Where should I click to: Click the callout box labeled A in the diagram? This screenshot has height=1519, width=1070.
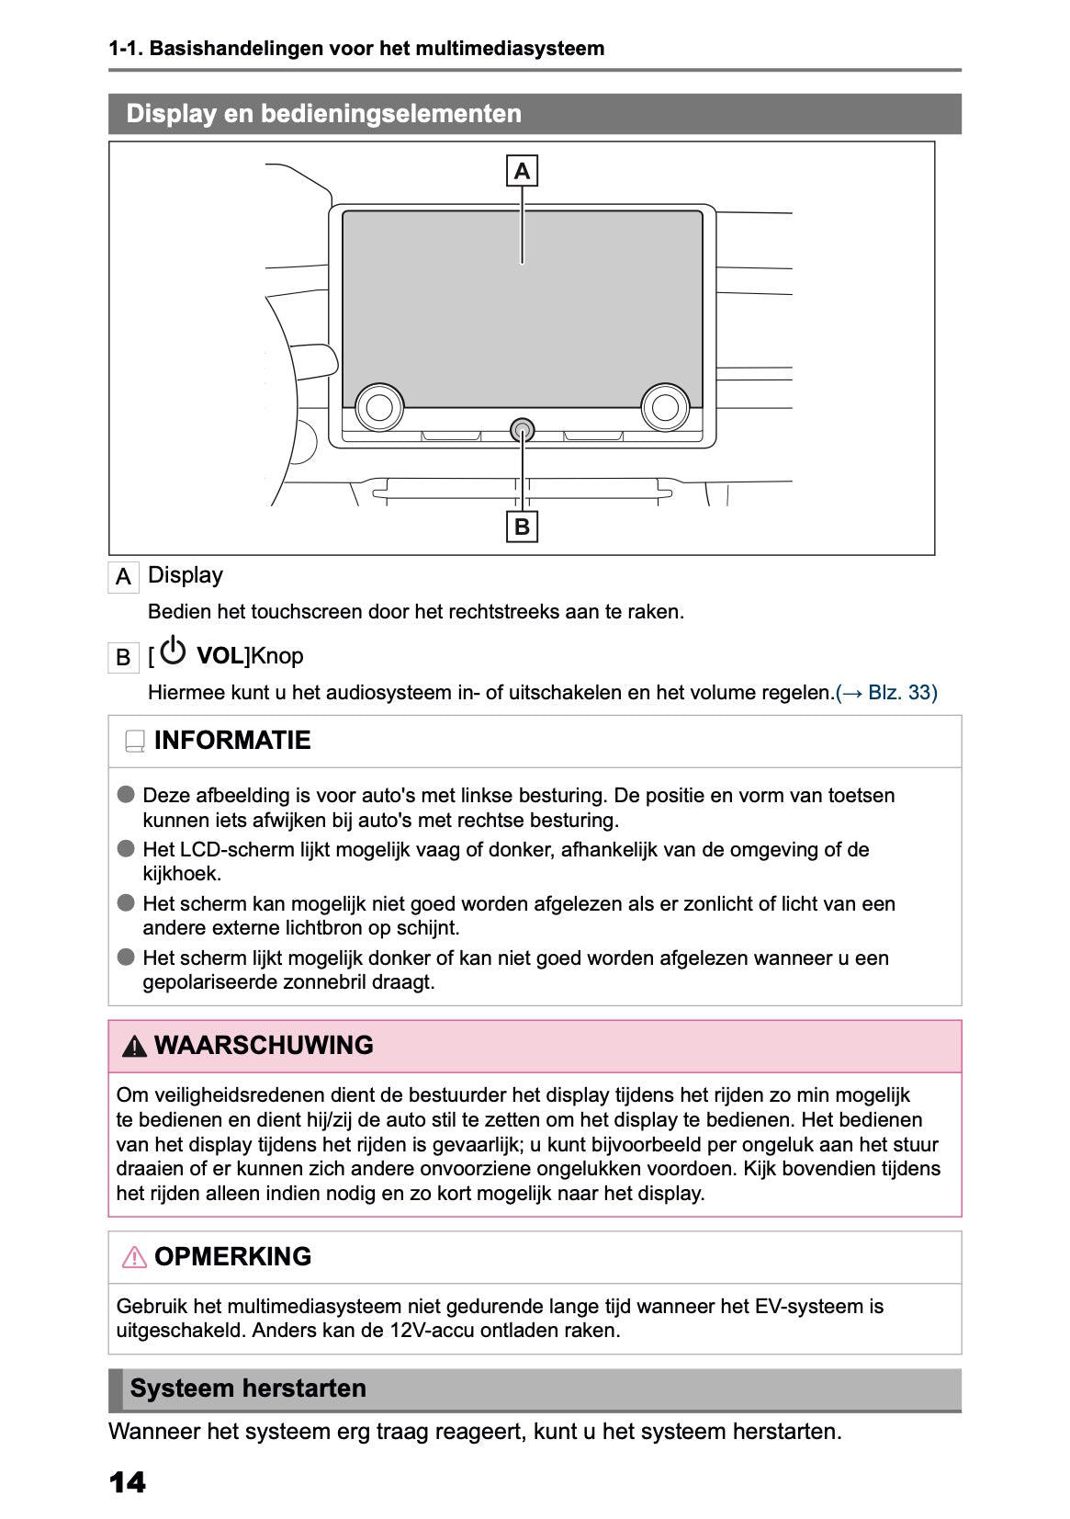tap(522, 171)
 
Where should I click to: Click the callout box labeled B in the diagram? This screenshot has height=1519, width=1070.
tap(522, 527)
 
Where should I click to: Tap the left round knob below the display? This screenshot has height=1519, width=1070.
tap(379, 406)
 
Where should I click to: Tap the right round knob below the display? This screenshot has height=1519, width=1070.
tap(665, 406)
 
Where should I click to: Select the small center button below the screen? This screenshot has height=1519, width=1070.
tap(522, 429)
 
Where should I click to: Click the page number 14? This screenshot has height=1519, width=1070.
tap(127, 1481)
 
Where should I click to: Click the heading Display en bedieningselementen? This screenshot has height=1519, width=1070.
tap(323, 114)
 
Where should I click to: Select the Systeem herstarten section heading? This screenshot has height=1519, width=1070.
tap(248, 1388)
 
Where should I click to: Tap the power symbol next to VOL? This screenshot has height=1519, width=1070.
tap(173, 652)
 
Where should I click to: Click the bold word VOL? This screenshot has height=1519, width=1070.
tap(220, 656)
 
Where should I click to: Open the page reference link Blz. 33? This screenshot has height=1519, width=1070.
tap(902, 692)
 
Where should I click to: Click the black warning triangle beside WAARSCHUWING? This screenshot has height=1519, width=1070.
tap(134, 1046)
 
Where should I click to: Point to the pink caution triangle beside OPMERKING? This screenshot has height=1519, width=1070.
tap(134, 1256)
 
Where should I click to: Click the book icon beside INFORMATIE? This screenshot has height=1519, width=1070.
tap(135, 741)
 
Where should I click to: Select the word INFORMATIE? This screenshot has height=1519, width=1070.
tap(232, 741)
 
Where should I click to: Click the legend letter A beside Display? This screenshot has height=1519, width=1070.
tap(123, 577)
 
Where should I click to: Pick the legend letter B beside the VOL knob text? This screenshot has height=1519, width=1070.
tap(123, 658)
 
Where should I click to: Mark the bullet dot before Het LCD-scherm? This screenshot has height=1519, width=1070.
tap(126, 848)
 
